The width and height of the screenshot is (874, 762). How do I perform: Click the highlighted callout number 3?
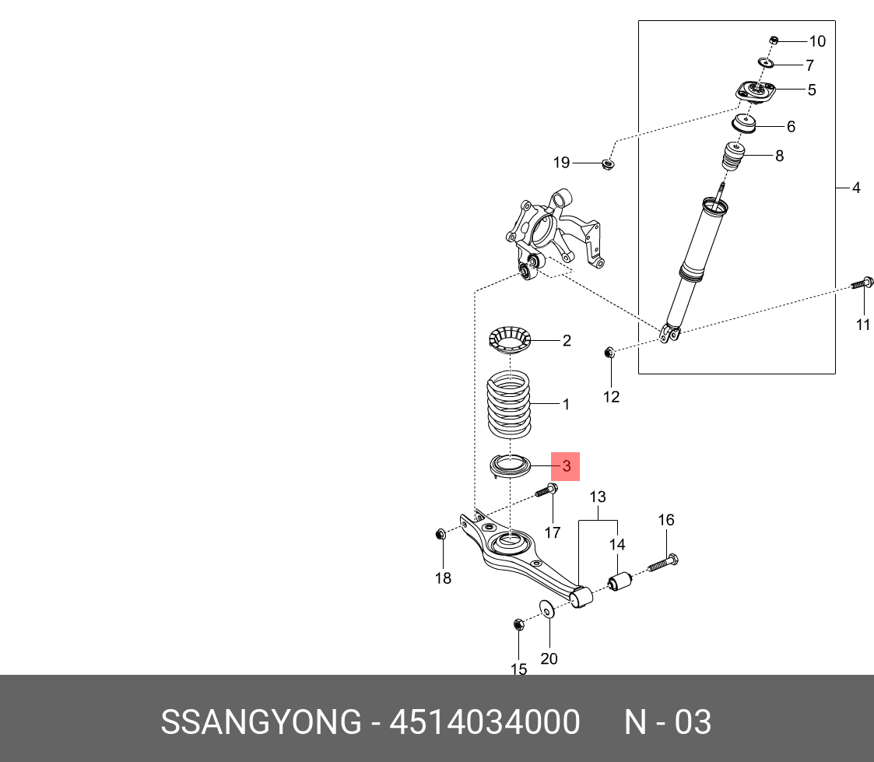[x=567, y=466]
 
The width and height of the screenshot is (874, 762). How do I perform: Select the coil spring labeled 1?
[x=508, y=405]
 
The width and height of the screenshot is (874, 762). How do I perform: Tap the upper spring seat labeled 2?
[x=509, y=340]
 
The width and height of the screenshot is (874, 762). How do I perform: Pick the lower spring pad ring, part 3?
[x=508, y=467]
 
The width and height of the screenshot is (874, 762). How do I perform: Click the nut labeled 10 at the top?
[x=773, y=40]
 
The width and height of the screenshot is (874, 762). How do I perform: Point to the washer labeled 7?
[x=766, y=62]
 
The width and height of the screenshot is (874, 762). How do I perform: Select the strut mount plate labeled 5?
[x=756, y=93]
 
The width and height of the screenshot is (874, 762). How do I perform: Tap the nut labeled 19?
[x=609, y=163]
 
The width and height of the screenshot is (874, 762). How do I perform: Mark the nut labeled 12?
[x=609, y=353]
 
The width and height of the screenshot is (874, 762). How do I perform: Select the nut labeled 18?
[x=441, y=534]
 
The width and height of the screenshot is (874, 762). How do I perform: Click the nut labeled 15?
[x=518, y=623]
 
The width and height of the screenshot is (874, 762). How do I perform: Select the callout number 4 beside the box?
[x=855, y=188]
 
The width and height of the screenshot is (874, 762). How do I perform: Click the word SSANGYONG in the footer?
[x=261, y=722]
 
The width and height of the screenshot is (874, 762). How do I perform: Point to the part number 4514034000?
[x=484, y=722]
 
